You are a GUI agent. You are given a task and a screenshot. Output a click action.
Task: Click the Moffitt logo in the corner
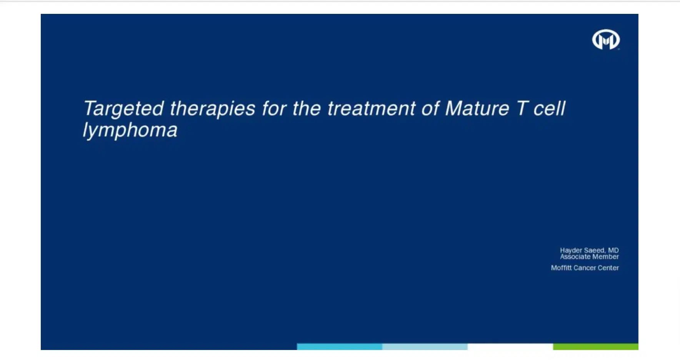click(x=606, y=40)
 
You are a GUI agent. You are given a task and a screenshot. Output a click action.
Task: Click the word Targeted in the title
click(x=123, y=109)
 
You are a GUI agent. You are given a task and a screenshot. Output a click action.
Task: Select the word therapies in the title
click(x=212, y=109)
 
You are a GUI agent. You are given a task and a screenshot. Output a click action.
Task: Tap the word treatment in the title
click(x=371, y=109)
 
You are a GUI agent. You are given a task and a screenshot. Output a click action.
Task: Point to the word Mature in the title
click(x=477, y=108)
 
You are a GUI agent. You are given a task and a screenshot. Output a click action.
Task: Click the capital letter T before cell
click(x=522, y=108)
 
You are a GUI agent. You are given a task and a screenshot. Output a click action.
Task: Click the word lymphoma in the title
click(x=130, y=130)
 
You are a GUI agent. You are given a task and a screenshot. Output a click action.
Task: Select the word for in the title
click(x=274, y=108)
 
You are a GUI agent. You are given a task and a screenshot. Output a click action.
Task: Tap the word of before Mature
click(x=430, y=108)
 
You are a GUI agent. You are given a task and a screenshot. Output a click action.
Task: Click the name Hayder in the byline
click(x=571, y=250)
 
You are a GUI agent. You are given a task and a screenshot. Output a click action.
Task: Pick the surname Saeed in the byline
click(x=594, y=250)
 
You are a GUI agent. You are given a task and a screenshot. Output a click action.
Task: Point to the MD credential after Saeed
click(x=613, y=250)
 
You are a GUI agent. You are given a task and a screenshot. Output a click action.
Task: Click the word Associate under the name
click(x=574, y=257)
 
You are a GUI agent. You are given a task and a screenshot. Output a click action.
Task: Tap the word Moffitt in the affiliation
click(x=561, y=268)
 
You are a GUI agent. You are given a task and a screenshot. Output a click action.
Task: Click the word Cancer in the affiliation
click(x=584, y=268)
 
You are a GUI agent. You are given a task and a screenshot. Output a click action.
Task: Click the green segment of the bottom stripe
click(x=595, y=347)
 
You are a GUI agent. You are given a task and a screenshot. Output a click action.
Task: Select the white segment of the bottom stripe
click(x=510, y=347)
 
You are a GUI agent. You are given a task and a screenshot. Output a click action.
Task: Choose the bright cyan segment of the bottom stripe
click(x=339, y=347)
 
